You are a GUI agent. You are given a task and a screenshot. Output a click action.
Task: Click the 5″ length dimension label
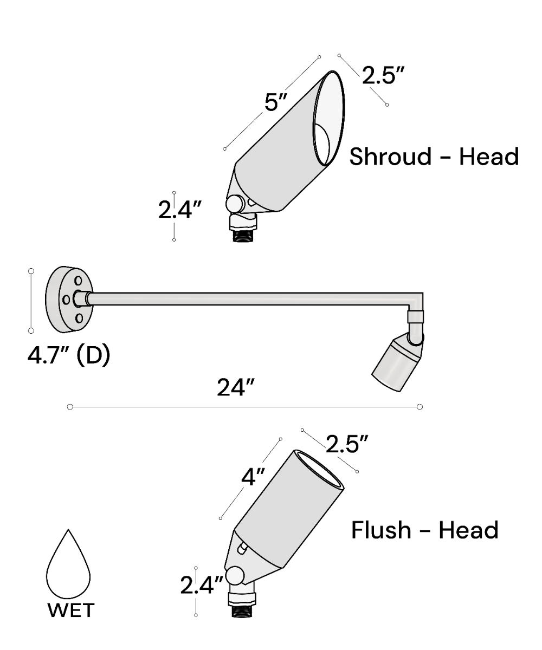(x=275, y=101)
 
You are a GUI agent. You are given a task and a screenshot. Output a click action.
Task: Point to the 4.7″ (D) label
(x=69, y=355)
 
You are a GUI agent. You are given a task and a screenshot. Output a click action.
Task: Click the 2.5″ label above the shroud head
(x=383, y=75)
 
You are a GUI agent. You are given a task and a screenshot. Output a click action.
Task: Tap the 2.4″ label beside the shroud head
(x=180, y=210)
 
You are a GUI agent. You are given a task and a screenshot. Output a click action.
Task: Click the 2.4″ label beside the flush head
(x=202, y=585)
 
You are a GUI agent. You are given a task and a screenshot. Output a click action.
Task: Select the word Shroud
(x=390, y=157)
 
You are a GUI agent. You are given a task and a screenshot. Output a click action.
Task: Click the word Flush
(x=381, y=530)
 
